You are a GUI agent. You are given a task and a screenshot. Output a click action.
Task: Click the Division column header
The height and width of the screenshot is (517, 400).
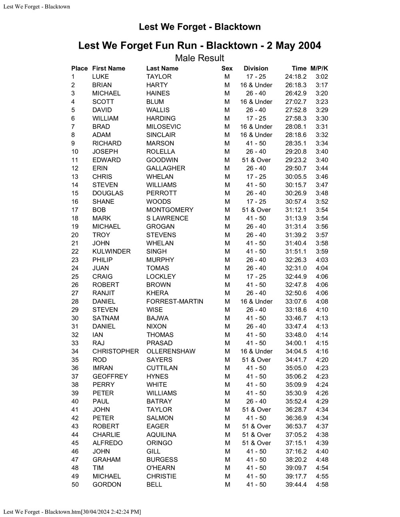(256, 68)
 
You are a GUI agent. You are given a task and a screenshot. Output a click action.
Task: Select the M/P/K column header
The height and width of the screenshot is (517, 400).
(319, 68)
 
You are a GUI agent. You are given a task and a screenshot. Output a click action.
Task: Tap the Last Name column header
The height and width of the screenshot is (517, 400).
(162, 68)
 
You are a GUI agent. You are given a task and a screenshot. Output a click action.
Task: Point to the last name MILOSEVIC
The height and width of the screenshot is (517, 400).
(163, 127)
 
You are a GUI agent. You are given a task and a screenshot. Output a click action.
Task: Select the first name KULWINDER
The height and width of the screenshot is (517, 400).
(111, 251)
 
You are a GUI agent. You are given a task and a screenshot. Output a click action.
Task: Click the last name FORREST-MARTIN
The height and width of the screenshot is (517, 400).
(174, 301)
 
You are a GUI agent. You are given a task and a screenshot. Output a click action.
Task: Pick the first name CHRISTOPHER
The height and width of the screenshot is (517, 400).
(115, 351)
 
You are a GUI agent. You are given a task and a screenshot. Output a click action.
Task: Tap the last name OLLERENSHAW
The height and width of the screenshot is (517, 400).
(171, 351)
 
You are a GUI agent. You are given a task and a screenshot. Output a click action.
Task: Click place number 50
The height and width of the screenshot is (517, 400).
(75, 484)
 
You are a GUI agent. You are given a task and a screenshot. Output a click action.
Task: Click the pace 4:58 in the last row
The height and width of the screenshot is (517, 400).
(322, 484)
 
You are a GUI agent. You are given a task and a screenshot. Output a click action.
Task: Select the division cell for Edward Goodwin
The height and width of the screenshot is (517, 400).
(256, 160)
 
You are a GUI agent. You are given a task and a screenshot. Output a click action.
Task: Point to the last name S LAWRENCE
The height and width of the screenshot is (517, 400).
(167, 218)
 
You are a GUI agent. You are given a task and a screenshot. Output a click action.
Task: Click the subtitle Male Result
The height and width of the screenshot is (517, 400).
(200, 58)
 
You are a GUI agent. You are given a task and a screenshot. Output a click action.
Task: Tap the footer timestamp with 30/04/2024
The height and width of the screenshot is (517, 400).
(72, 512)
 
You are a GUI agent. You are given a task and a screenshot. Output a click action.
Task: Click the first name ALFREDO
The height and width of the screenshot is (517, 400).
(107, 443)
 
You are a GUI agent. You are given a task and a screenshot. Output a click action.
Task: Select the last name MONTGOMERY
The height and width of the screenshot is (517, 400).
(170, 210)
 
